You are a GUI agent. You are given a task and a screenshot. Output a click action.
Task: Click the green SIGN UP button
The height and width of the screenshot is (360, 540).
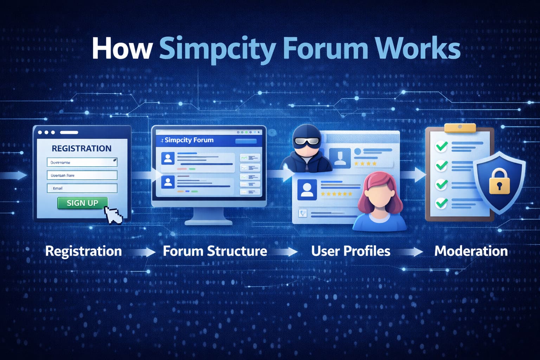coord(83,203)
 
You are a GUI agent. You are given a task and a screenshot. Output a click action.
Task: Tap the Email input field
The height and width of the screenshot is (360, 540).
coord(82,188)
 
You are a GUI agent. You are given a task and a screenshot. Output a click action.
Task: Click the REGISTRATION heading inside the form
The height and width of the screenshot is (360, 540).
coord(82,148)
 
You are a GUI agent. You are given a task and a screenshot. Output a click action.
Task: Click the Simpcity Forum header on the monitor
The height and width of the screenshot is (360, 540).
coord(189,140)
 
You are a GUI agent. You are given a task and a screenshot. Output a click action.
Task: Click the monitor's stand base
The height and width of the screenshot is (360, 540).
coord(208,222)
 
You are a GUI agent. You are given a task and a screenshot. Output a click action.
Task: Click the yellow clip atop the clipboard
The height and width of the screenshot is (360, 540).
coord(460,128)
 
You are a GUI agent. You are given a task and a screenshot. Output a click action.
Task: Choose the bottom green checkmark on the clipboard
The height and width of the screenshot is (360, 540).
coord(441,203)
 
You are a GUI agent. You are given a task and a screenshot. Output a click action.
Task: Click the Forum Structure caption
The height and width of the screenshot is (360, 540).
coord(215,251)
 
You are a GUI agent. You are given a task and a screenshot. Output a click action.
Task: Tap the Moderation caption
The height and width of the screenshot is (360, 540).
coord(471,251)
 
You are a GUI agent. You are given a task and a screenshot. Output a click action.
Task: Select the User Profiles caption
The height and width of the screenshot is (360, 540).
coord(351,251)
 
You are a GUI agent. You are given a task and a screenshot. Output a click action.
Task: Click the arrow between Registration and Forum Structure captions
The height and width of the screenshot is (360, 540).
coord(142,252)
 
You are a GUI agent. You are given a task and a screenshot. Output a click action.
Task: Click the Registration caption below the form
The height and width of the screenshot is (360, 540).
coord(83,251)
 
